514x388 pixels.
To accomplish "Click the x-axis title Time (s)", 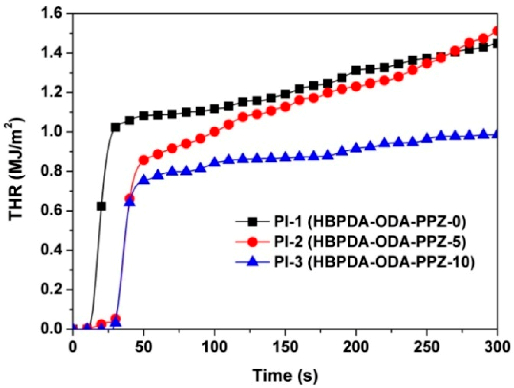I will (285, 375).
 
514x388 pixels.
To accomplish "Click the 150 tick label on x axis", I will (285, 347).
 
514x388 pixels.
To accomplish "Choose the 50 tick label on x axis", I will (143, 347).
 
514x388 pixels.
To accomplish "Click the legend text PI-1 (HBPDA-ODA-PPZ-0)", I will (370, 222).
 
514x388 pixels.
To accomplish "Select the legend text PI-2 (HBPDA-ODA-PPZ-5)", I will (370, 242).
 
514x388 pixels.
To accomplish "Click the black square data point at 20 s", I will (101, 206).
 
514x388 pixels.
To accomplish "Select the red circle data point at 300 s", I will (497, 31).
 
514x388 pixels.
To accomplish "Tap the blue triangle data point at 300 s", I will (497, 134).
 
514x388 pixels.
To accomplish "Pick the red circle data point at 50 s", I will (144, 160).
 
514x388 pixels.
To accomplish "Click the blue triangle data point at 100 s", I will (215, 162).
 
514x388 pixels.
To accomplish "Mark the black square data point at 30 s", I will (115, 127).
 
